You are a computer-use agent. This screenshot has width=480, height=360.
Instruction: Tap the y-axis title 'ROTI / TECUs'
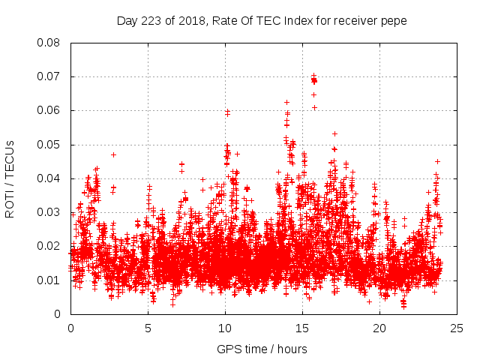[x=10, y=178]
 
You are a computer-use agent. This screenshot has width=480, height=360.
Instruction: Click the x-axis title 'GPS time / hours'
[x=262, y=349]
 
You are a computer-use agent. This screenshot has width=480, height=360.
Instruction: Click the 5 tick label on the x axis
[x=148, y=328]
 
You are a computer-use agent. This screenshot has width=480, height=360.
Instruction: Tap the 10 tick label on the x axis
[x=225, y=328]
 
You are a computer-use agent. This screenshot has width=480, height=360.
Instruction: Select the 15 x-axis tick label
[x=302, y=328]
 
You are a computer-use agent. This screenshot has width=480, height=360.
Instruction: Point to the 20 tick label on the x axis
[x=379, y=328]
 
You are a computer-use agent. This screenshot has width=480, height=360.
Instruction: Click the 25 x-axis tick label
[x=457, y=328]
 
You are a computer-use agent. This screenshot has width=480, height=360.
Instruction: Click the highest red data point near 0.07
[x=313, y=76]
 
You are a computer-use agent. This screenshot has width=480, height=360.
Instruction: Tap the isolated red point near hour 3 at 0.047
[x=113, y=154]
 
